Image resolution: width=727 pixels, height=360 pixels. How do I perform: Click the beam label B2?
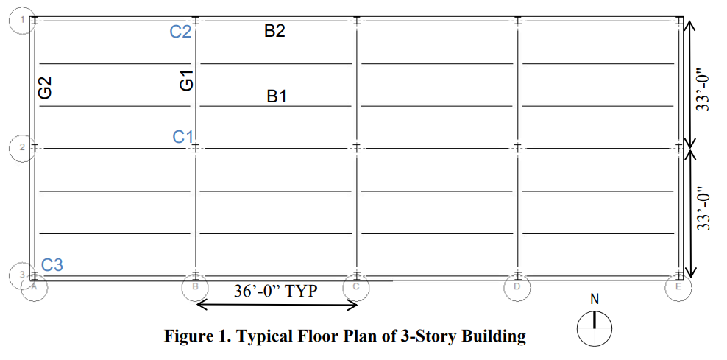click(274, 32)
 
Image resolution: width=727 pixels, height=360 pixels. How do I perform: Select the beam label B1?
click(277, 96)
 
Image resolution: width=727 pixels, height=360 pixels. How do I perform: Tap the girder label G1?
click(187, 80)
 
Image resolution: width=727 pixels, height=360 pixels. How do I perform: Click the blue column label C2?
click(181, 32)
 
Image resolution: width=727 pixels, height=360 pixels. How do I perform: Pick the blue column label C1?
click(183, 137)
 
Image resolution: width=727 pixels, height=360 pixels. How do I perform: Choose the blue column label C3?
click(52, 265)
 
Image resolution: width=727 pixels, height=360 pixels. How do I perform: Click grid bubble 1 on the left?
click(22, 20)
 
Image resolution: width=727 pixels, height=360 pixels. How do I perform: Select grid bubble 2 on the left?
click(22, 147)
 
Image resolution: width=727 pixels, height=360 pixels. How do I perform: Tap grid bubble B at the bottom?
click(195, 286)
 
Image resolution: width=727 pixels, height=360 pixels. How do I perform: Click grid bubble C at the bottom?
click(355, 286)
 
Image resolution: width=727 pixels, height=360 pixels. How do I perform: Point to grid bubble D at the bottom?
click(517, 286)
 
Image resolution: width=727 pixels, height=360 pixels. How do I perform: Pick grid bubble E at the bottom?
click(678, 286)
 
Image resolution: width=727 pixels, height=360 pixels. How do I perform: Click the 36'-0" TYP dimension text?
click(275, 291)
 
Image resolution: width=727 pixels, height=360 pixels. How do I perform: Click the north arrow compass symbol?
click(595, 326)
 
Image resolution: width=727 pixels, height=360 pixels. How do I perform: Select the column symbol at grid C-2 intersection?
click(356, 148)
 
